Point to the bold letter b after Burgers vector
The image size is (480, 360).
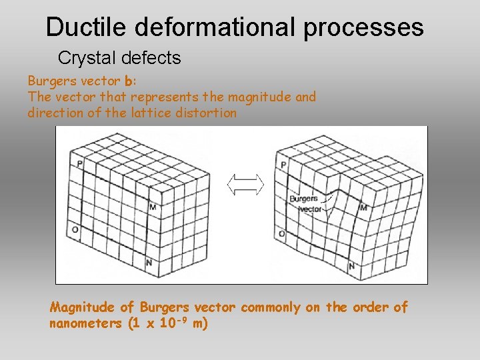pyautogui.click(x=129, y=81)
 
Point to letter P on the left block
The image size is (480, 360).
pyautogui.click(x=79, y=163)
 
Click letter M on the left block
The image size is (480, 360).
pyautogui.click(x=153, y=207)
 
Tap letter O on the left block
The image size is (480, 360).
pyautogui.click(x=75, y=230)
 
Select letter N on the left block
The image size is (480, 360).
pyautogui.click(x=149, y=263)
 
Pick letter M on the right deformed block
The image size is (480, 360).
pyautogui.click(x=364, y=208)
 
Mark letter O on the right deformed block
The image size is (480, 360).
pyautogui.click(x=282, y=233)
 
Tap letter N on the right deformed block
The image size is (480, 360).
pyautogui.click(x=351, y=267)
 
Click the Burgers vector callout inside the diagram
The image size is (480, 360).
pyautogui.click(x=305, y=204)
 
